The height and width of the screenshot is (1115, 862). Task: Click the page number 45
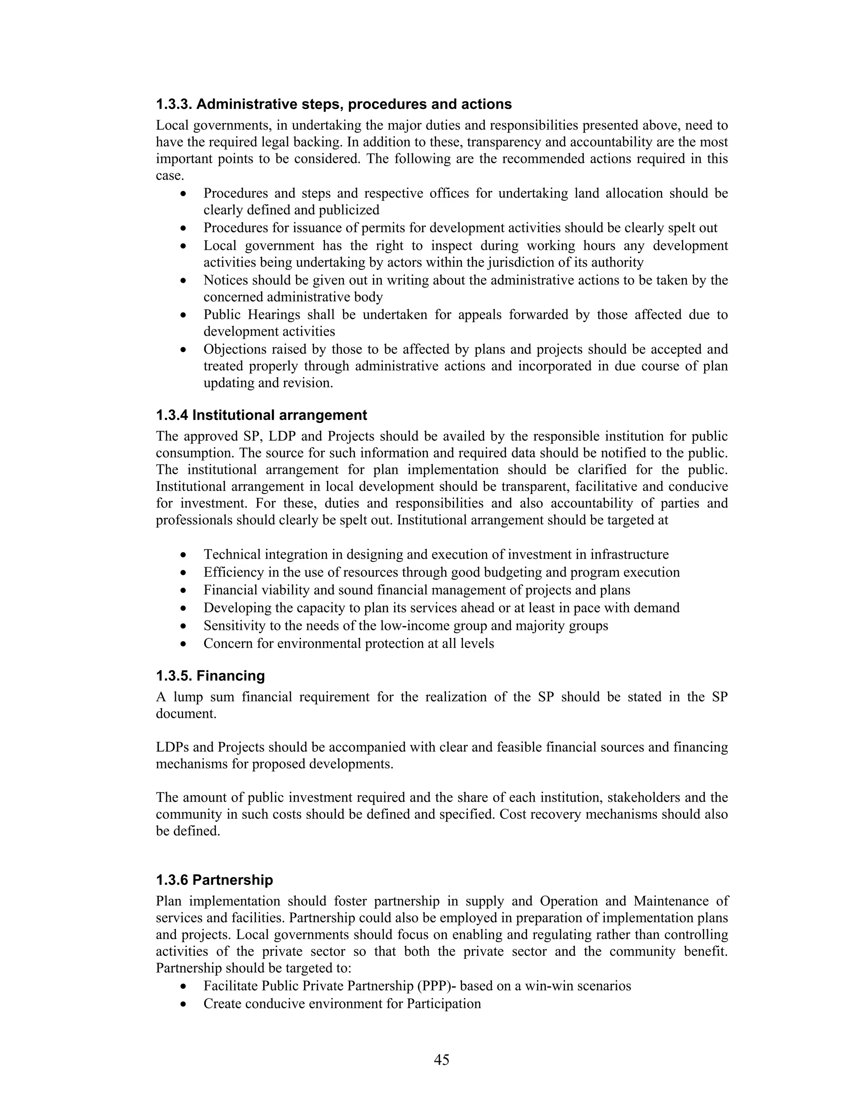(441, 1060)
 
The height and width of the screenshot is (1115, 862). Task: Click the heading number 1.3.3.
(174, 105)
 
